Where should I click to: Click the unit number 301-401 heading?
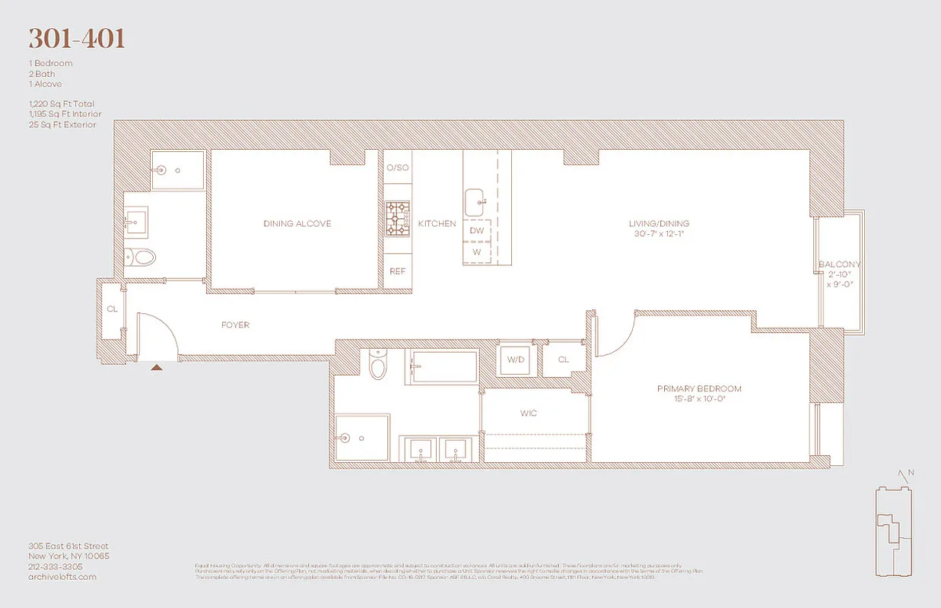pos(77,39)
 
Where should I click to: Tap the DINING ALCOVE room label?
pos(297,223)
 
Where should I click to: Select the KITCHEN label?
pos(437,223)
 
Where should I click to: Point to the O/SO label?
pos(397,167)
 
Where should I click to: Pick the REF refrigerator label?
pos(397,271)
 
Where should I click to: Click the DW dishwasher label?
pos(477,230)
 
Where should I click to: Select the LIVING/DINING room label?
pos(659,223)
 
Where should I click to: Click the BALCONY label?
pos(839,264)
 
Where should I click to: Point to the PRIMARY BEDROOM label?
pos(699,389)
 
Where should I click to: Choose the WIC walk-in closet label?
pos(529,413)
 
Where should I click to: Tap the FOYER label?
pos(235,325)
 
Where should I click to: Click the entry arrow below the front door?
pos(157,367)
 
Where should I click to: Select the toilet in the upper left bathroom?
pos(141,257)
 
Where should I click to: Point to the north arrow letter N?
pos(911,473)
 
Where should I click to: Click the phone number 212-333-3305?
pos(55,566)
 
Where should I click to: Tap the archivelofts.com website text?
pos(62,577)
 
